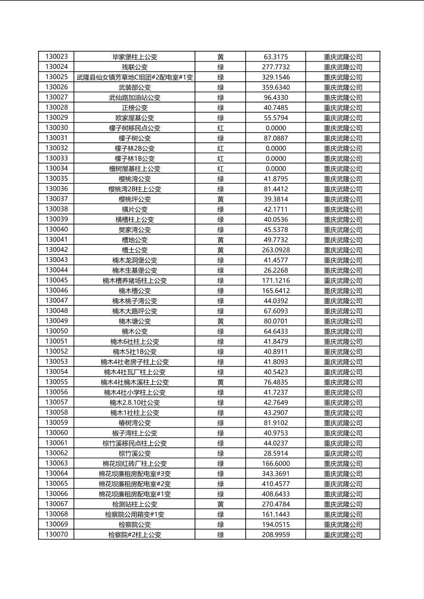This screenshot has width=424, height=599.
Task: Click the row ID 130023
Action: pyautogui.click(x=57, y=57)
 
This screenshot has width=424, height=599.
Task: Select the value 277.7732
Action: pyautogui.click(x=276, y=67)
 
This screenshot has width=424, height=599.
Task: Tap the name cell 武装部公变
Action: pyautogui.click(x=135, y=87)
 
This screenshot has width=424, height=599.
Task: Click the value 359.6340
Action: pyautogui.click(x=276, y=87)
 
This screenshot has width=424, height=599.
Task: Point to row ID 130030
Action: pyautogui.click(x=57, y=128)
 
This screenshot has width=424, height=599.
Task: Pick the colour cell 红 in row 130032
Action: pyautogui.click(x=221, y=149)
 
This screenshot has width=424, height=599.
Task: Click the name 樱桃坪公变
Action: pyautogui.click(x=135, y=199)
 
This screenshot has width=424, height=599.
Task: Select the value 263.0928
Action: pyautogui.click(x=276, y=250)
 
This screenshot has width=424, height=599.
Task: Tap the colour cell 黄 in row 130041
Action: pyautogui.click(x=221, y=240)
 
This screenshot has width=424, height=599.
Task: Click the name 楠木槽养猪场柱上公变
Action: pyautogui.click(x=135, y=281)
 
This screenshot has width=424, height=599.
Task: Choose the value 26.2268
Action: pyautogui.click(x=276, y=271)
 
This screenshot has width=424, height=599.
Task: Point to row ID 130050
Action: pyautogui.click(x=57, y=331)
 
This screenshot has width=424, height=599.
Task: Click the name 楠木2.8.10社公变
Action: pyautogui.click(x=135, y=402)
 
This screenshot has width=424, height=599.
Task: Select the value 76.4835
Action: pyautogui.click(x=276, y=382)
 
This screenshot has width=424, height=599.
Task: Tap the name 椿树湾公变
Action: pyautogui.click(x=135, y=423)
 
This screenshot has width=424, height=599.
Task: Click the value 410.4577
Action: pyautogui.click(x=276, y=484)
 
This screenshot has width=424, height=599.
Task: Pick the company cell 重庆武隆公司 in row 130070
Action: pyautogui.click(x=343, y=535)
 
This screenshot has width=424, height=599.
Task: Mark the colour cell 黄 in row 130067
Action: pyautogui.click(x=221, y=504)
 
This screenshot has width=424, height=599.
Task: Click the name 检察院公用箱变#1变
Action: pyautogui.click(x=135, y=515)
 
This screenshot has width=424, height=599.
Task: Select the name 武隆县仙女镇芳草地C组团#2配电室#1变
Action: pyautogui.click(x=135, y=77)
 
